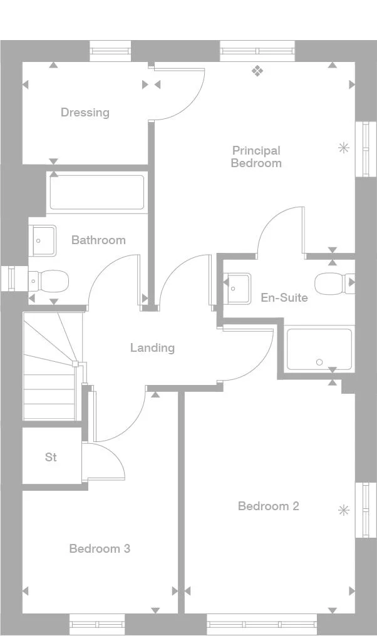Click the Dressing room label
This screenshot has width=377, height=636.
tap(85, 113)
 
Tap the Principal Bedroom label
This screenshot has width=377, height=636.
tap(256, 156)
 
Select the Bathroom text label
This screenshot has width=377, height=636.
tap(98, 240)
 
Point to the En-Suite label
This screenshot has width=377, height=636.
tap(284, 297)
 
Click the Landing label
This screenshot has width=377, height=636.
tap(152, 347)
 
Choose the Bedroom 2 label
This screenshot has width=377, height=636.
tap(269, 506)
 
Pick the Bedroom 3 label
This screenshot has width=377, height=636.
tap(100, 548)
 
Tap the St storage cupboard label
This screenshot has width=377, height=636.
tap(51, 457)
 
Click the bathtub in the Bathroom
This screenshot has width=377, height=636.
tap(97, 192)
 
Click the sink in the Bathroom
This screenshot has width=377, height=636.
tap(43, 240)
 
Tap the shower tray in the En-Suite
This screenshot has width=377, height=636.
tap(319, 349)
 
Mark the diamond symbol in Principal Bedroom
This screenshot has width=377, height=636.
tap(257, 71)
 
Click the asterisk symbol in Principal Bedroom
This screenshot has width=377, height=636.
tap(343, 148)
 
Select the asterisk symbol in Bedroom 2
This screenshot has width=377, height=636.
tap(343, 510)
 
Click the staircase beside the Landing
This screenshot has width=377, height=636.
tap(50, 369)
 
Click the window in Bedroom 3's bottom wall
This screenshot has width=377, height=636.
tap(97, 623)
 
